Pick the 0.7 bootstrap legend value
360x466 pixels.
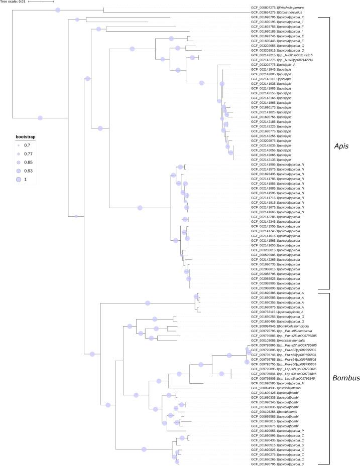coord(27,144)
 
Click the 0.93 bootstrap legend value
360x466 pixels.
coord(28,171)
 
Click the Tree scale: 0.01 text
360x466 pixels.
coord(13,2)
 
